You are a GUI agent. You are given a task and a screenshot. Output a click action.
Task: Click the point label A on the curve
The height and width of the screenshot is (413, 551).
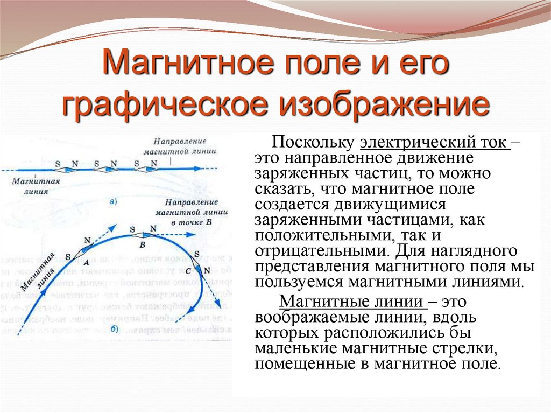coord(86,263)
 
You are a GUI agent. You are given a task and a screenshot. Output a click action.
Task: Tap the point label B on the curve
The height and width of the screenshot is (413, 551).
coord(142,244)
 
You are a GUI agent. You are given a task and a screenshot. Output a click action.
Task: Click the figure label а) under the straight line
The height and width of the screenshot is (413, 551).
coord(114,202)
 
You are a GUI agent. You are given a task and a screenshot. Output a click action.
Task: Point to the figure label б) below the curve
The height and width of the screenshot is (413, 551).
coord(114,330)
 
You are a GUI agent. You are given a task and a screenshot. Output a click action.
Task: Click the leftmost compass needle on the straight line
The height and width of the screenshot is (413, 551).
coord(68,169)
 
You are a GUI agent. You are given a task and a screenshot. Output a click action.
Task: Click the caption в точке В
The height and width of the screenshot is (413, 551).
coord(192,222)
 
